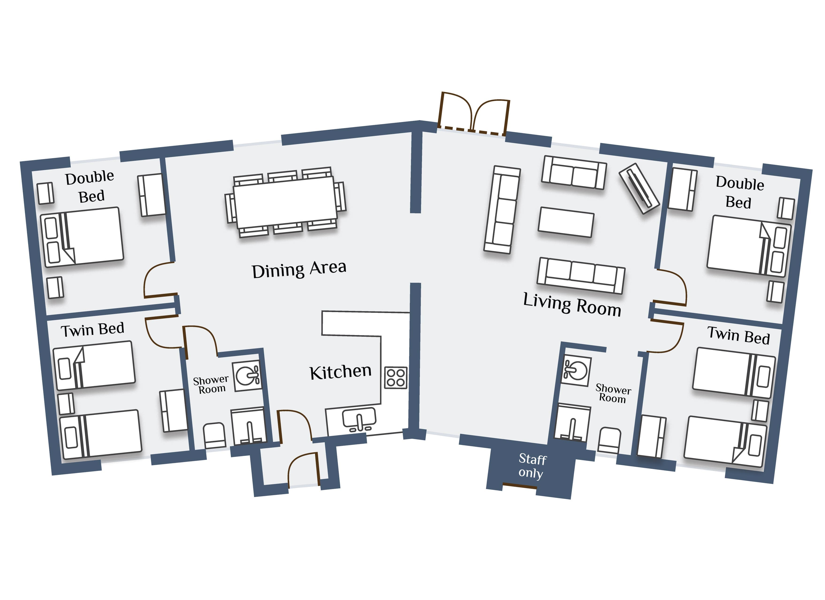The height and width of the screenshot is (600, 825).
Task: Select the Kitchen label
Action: click(x=340, y=372)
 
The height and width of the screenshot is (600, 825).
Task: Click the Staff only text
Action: click(x=532, y=466)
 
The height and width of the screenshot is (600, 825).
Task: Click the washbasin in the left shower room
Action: click(x=247, y=376)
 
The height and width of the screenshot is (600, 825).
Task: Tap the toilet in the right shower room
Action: click(x=609, y=440)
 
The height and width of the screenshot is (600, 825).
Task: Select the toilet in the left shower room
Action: click(x=214, y=435)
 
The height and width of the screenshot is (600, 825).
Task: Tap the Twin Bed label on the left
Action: click(x=92, y=330)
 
